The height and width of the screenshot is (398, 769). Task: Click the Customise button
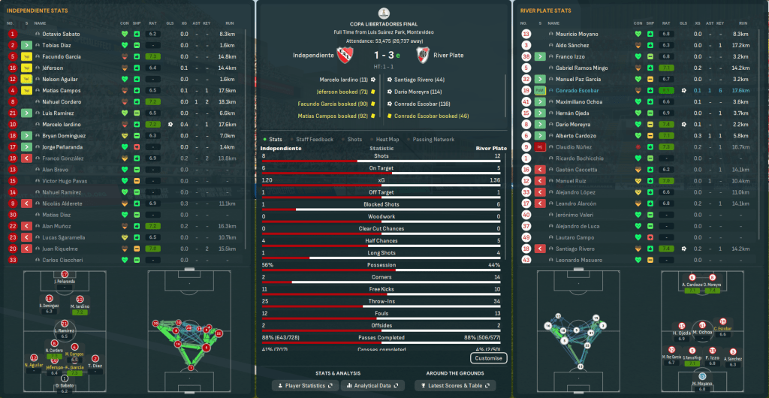click(489, 358)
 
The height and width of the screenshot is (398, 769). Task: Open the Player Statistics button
click(305, 385)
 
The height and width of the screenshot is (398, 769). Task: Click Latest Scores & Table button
click(454, 385)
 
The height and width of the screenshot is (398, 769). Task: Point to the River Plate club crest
click(422, 56)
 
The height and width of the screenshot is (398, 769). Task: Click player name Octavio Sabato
click(61, 34)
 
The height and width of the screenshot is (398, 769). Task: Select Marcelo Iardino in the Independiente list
click(62, 124)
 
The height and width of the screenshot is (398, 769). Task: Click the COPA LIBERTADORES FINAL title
click(384, 24)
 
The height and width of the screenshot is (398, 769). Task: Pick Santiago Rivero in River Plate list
click(577, 249)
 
